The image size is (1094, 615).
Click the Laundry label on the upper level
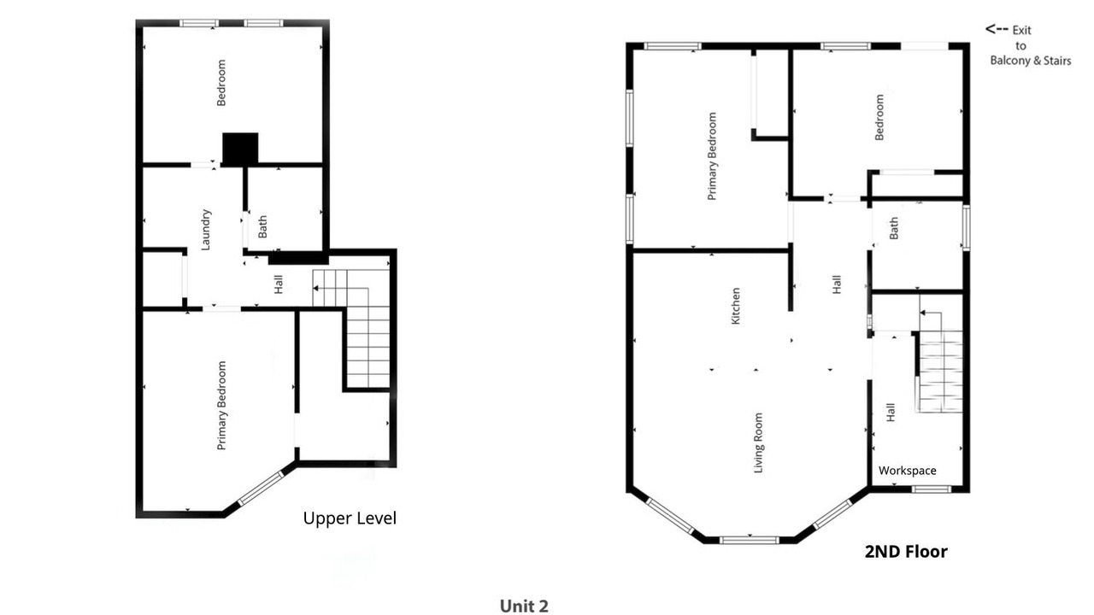point(206,230)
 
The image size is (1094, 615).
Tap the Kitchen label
point(735,306)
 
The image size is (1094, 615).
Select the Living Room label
point(758,442)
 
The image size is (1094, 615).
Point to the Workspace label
point(908,471)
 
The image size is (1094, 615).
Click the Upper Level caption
point(350,518)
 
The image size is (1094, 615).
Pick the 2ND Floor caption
point(906,551)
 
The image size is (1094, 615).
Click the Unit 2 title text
point(524,606)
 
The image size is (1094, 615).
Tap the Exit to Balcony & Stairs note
point(1028,45)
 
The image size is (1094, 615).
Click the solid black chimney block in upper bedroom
point(240,149)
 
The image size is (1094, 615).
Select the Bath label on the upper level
point(262,226)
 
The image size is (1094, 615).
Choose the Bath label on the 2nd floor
point(894,228)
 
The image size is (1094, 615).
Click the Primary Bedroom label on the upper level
point(221,405)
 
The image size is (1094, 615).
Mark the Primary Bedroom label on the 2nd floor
point(712,156)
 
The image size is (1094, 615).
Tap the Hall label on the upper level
point(279,284)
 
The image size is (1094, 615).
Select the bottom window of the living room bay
point(750,540)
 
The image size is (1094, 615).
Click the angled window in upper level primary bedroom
point(261,488)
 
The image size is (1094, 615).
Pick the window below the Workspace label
point(932,489)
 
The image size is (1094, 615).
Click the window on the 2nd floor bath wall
point(966,228)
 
